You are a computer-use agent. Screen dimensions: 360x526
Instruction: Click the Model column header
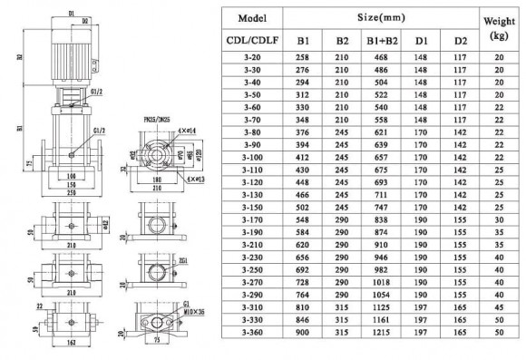point(250,18)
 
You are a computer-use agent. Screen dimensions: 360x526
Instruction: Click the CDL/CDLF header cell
point(250,42)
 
